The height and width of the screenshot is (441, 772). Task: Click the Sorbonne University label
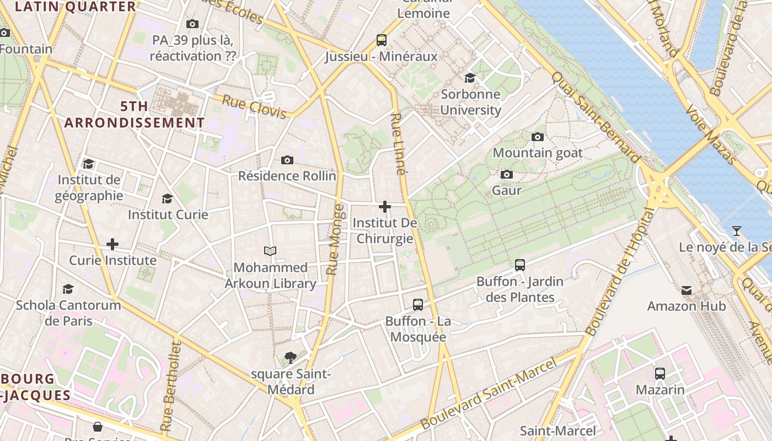click(470, 102)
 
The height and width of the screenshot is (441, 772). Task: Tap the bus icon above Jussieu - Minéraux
click(381, 40)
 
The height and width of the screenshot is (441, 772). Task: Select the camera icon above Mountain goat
click(537, 137)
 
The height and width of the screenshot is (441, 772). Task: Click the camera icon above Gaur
click(506, 175)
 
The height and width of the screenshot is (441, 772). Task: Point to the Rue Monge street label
click(335, 240)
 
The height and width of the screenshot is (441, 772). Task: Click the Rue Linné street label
click(398, 144)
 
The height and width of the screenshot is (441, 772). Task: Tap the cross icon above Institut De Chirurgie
click(385, 207)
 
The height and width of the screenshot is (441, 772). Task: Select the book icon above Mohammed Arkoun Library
click(270, 251)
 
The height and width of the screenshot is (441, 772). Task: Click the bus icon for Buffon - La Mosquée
click(418, 305)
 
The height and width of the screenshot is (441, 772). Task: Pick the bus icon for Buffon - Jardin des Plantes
click(519, 265)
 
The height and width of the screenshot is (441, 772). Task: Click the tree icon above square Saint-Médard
click(290, 358)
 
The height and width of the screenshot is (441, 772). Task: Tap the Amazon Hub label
click(686, 305)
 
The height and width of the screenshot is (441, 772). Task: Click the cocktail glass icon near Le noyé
click(736, 231)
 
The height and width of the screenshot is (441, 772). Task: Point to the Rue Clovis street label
click(254, 107)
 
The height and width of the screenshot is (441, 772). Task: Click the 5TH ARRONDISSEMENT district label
click(134, 115)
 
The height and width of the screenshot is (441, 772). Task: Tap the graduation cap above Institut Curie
click(167, 198)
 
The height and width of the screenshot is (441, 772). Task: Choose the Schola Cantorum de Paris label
click(68, 313)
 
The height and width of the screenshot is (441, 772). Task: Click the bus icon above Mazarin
click(660, 374)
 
